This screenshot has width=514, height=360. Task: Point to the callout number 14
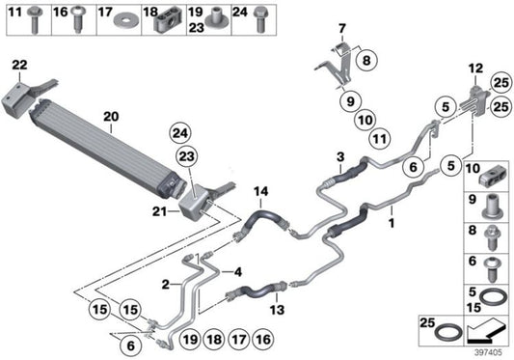point(259,191)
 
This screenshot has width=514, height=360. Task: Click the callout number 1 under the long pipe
point(391,221)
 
